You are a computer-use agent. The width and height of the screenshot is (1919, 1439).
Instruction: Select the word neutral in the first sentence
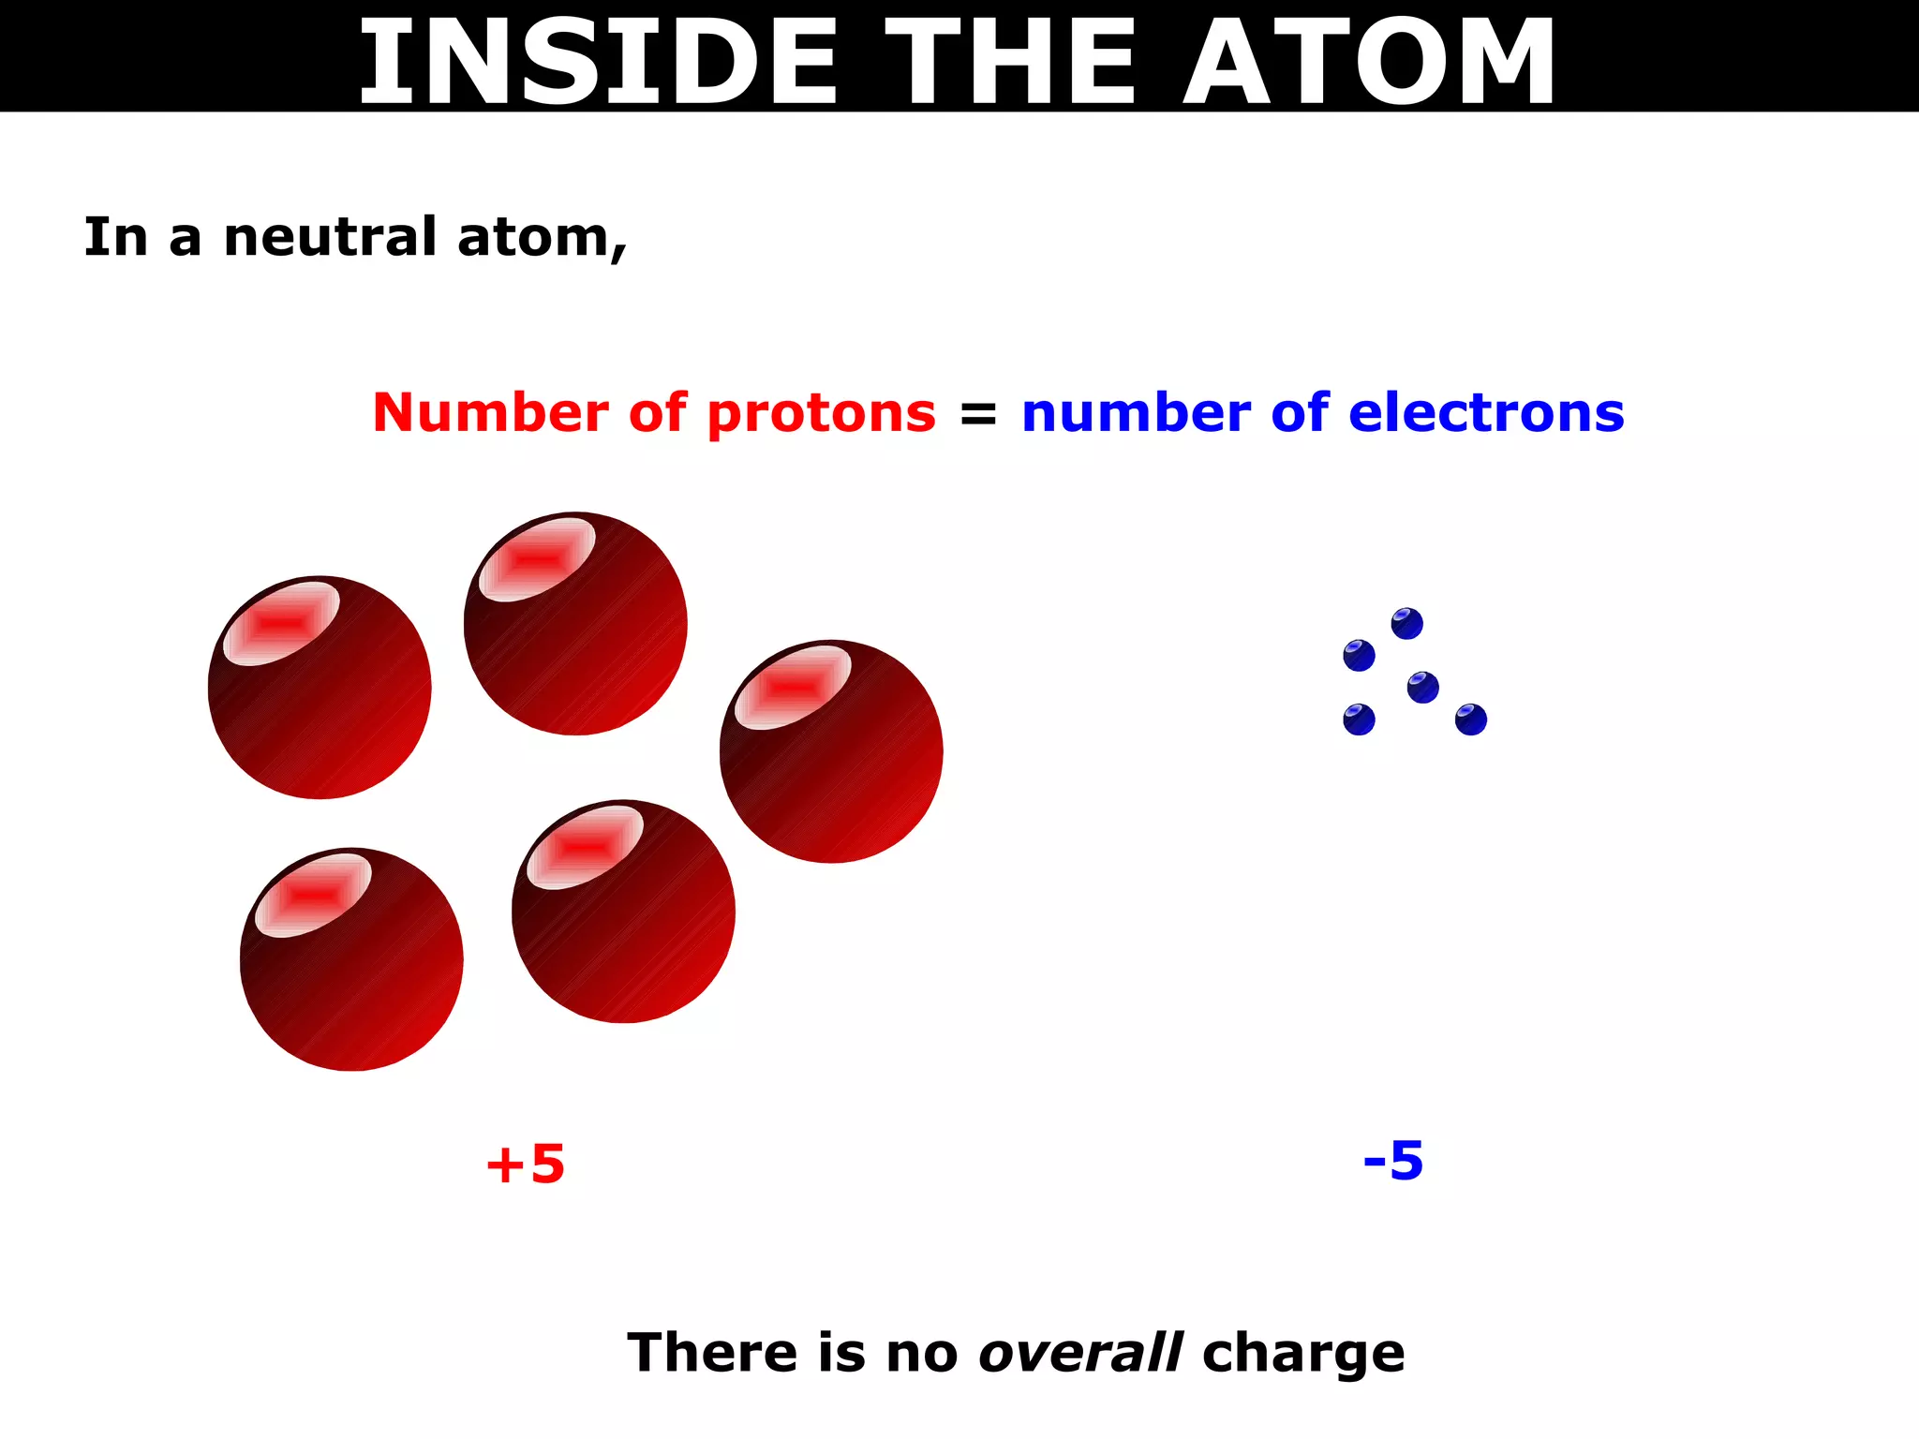(330, 237)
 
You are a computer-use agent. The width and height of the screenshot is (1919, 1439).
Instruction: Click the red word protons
(821, 414)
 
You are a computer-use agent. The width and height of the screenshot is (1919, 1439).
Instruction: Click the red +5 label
(525, 1165)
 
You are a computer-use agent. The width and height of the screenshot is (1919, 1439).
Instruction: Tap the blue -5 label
(1393, 1161)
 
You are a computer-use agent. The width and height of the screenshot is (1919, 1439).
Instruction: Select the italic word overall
(1079, 1353)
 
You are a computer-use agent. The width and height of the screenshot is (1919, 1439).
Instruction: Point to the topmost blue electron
(1406, 624)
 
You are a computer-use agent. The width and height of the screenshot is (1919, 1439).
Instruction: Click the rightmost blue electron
(1471, 719)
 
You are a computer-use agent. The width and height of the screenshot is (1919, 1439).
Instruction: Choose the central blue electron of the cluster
(1422, 688)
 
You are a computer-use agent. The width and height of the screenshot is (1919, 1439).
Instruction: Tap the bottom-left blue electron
(1359, 719)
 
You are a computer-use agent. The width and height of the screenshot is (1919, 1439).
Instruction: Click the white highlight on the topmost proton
(537, 559)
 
